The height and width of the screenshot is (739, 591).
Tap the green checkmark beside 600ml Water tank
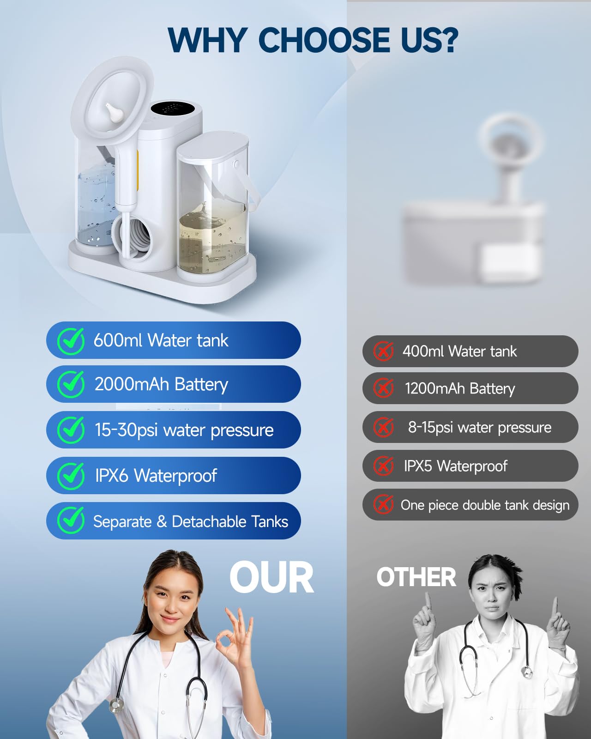[71, 341]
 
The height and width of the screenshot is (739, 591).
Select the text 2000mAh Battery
[161, 384]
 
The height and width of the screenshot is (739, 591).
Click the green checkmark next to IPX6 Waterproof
[71, 476]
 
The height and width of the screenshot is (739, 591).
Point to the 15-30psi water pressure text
[184, 430]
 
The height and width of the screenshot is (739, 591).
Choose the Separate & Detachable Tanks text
[190, 521]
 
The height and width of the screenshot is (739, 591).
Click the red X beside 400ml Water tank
[383, 351]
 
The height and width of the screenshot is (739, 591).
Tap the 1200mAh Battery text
[459, 389]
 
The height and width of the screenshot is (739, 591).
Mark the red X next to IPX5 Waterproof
[383, 466]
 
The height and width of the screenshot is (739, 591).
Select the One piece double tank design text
[485, 505]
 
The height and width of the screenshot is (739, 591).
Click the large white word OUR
[271, 578]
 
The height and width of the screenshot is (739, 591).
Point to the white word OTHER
[416, 577]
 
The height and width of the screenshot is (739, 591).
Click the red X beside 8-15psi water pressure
[383, 427]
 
